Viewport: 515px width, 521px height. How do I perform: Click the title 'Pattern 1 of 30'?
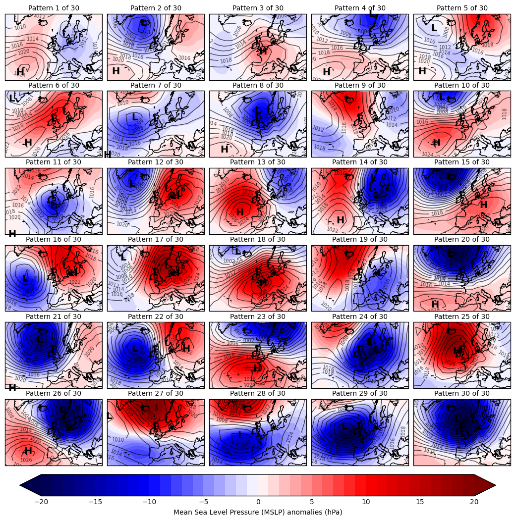coord(54,8)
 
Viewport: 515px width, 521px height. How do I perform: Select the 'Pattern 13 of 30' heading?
coord(258,162)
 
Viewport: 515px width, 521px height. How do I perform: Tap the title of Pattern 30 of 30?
coord(462,393)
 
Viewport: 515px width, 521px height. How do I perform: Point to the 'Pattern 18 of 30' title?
coord(258,239)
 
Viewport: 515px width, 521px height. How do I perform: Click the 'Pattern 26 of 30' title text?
coord(54,393)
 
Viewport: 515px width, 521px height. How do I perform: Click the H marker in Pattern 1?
coord(20,72)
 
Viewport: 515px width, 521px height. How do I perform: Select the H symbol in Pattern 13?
coord(240,212)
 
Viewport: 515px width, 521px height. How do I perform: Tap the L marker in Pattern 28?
coord(241,435)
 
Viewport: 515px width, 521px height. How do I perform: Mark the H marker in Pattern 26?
coord(28,451)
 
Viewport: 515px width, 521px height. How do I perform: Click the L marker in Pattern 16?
coord(25,279)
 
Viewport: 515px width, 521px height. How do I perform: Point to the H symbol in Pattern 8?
coord(225,149)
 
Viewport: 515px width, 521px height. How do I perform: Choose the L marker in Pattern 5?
coord(434,28)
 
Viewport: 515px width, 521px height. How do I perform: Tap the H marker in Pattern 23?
coord(257,368)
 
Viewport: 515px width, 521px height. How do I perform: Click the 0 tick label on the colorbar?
coord(258,502)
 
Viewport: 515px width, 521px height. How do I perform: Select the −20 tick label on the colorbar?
coord(41,502)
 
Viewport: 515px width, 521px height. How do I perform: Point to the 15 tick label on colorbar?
coord(420,502)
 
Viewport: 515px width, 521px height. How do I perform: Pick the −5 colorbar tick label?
coord(203,502)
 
